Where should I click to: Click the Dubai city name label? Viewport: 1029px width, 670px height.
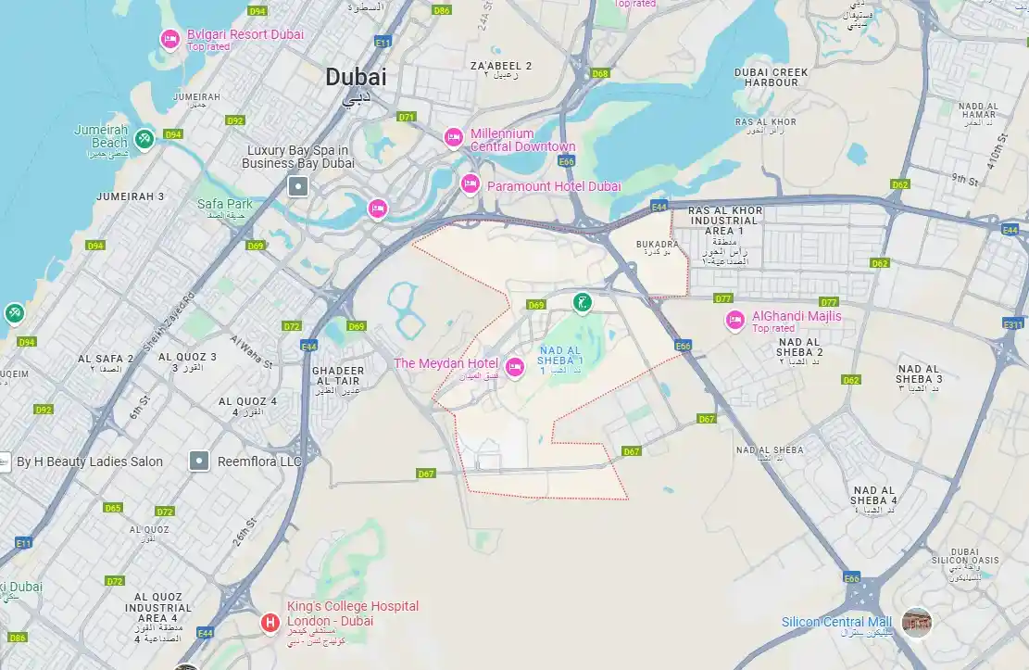point(356,78)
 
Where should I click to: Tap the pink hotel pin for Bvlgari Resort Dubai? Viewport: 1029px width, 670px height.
point(169,39)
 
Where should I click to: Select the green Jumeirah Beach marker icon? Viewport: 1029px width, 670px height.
point(144,139)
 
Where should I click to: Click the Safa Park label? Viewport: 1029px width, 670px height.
point(224,204)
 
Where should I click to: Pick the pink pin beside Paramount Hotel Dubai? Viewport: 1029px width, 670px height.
point(471,184)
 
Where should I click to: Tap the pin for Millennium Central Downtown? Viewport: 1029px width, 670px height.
point(453,137)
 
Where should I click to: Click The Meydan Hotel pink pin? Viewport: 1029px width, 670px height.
point(514,364)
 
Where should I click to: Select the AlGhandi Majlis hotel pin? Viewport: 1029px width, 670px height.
point(735,321)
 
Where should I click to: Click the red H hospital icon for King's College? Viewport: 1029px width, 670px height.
point(270,622)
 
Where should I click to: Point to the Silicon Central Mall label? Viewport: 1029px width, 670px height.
point(836,622)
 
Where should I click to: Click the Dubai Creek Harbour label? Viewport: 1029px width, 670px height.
point(772,77)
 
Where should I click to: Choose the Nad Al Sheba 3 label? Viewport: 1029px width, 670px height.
point(920,373)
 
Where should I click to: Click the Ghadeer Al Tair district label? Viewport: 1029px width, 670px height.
point(338,375)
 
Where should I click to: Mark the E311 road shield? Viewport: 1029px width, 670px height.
point(1013,323)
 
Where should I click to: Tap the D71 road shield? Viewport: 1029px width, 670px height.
point(406,117)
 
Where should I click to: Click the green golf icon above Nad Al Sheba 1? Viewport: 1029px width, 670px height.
point(582,301)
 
